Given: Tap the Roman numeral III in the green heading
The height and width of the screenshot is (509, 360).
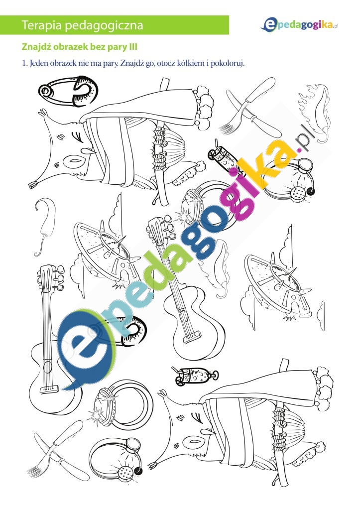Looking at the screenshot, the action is click(133, 47).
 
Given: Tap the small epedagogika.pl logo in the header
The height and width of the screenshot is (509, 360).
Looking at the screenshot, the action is click(300, 25).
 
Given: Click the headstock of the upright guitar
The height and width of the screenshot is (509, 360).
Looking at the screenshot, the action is click(50, 276).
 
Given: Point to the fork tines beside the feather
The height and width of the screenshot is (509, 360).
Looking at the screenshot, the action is click(227, 127).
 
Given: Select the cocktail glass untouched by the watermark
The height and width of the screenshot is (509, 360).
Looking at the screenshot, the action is click(195, 376).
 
